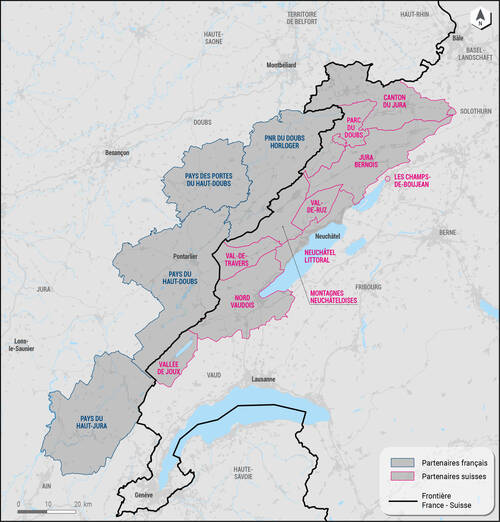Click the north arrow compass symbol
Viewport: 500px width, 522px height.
click(480, 15)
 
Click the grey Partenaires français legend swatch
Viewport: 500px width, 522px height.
click(402, 460)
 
